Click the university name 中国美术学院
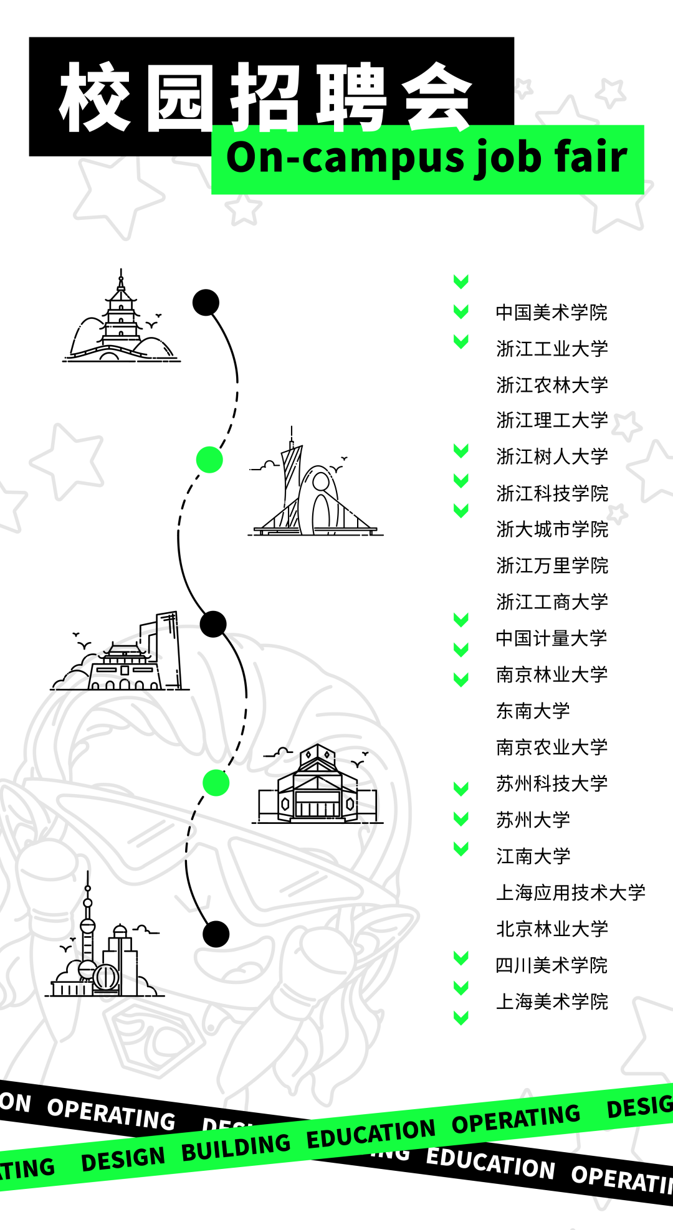click(x=551, y=313)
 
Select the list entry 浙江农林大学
click(x=551, y=385)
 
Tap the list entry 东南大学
click(x=533, y=711)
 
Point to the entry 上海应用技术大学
click(x=570, y=892)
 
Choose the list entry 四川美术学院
click(x=551, y=965)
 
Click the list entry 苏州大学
click(x=533, y=820)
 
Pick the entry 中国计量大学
click(x=551, y=638)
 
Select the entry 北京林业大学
click(x=551, y=929)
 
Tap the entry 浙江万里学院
click(x=551, y=565)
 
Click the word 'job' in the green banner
click(x=496, y=158)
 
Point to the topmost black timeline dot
click(x=206, y=303)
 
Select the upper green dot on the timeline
click(x=209, y=460)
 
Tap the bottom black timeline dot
click(x=216, y=934)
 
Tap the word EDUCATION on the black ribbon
click(x=490, y=1163)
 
